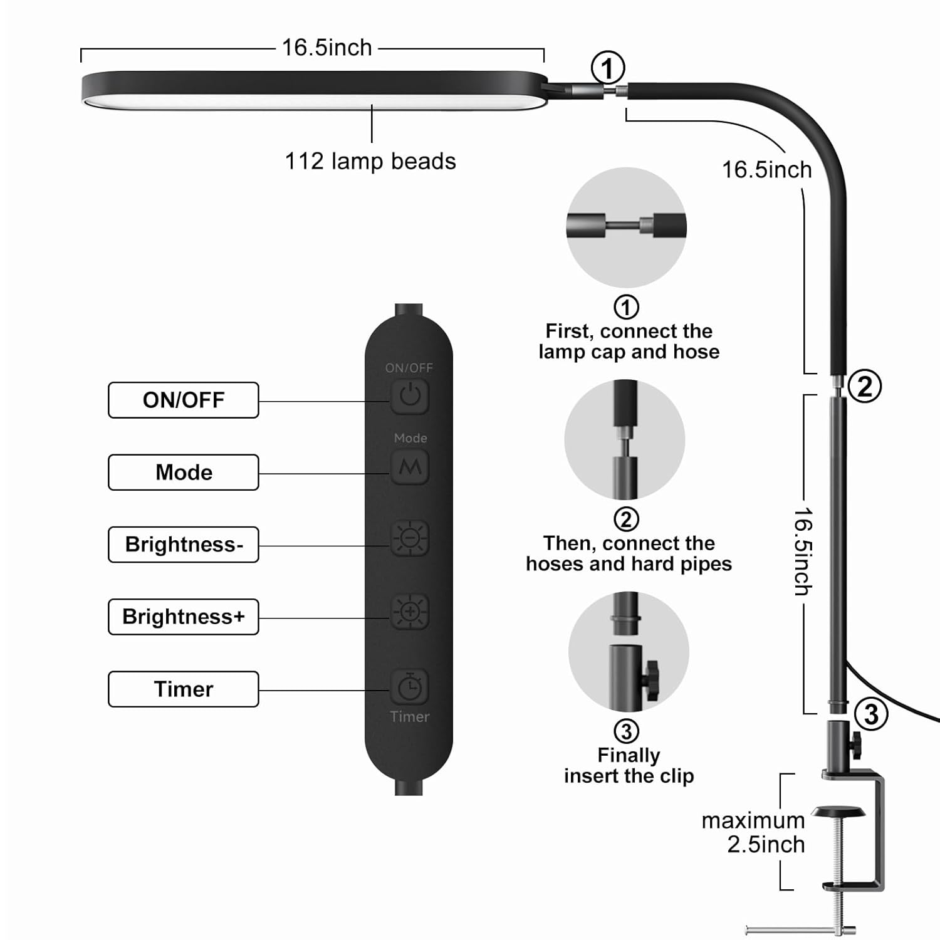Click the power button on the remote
[x=410, y=396]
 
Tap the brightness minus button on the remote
[x=410, y=538]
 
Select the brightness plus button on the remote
[x=410, y=612]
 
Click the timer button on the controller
[x=410, y=687]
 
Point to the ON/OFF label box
[x=183, y=400]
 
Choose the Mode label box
[x=183, y=472]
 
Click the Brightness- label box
[x=183, y=545]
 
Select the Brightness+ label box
[x=183, y=617]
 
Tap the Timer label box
[x=183, y=689]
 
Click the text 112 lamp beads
[x=370, y=161]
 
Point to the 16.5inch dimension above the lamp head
[x=326, y=48]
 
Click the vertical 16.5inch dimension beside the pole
[x=803, y=551]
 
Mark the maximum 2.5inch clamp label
[x=753, y=832]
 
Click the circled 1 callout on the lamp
[x=608, y=68]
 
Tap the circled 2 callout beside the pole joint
[x=865, y=386]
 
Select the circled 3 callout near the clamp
[x=871, y=714]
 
